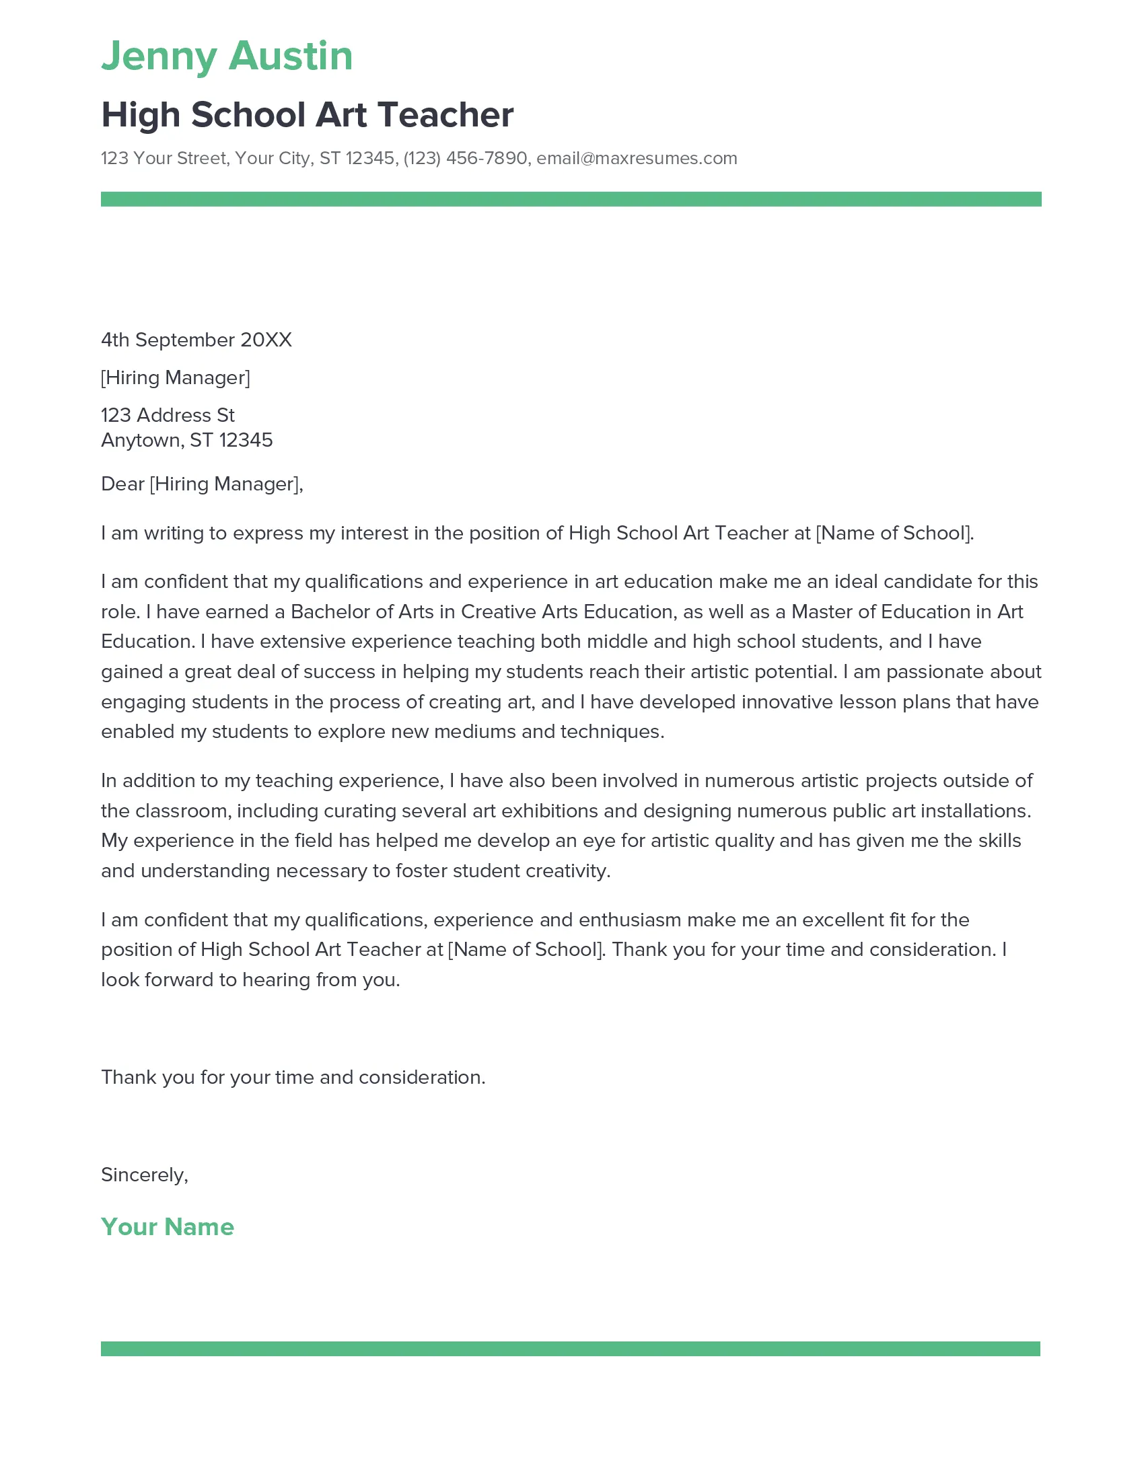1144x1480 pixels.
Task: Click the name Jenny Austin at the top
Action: pyautogui.click(x=227, y=56)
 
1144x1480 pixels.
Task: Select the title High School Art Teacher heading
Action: pyautogui.click(x=307, y=114)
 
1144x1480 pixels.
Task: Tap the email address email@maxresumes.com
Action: pyautogui.click(x=637, y=159)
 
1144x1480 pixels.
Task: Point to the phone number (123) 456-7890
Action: pyautogui.click(x=465, y=159)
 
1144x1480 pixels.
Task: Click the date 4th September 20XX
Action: pyautogui.click(x=196, y=340)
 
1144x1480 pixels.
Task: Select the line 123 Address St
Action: pyautogui.click(x=168, y=414)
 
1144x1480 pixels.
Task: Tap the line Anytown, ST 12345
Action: pyautogui.click(x=186, y=441)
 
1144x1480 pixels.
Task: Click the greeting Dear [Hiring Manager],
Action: pyautogui.click(x=202, y=484)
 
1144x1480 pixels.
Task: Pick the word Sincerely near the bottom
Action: pyautogui.click(x=143, y=1175)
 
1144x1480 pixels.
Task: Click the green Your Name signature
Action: pyautogui.click(x=168, y=1226)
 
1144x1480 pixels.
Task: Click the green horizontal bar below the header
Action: pyautogui.click(x=571, y=199)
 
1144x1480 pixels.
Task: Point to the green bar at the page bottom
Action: pyautogui.click(x=570, y=1349)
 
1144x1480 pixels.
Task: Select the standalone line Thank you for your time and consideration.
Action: pyautogui.click(x=293, y=1077)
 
